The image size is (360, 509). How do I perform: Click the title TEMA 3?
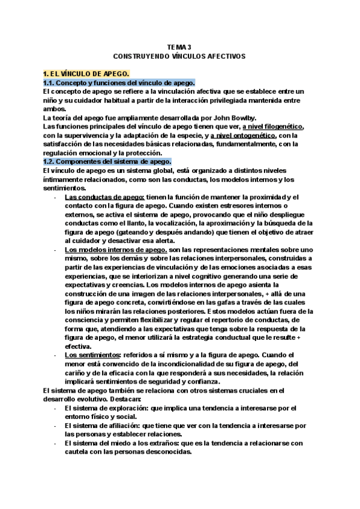pos(179,47)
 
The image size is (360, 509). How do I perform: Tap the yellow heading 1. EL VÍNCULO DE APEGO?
pos(83,73)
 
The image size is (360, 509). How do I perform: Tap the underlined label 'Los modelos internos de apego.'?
pos(115,249)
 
